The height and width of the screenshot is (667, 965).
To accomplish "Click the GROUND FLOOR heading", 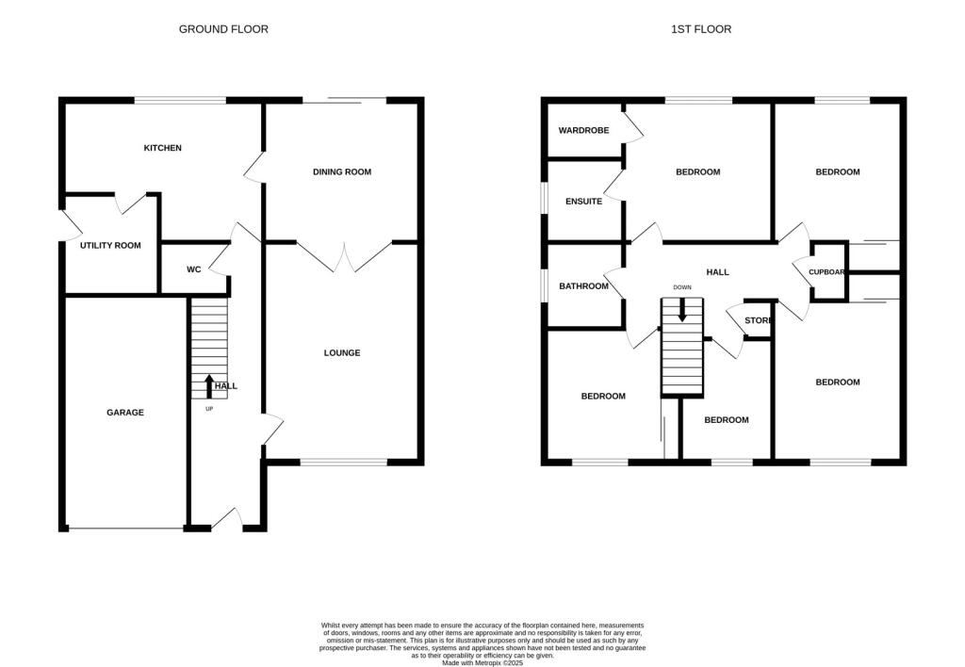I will pyautogui.click(x=223, y=29).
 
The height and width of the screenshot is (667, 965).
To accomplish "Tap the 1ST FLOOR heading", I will pyautogui.click(x=700, y=29).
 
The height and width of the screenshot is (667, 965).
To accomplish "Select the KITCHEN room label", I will pyautogui.click(x=162, y=148).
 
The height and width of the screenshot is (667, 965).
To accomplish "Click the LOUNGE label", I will pyautogui.click(x=342, y=353).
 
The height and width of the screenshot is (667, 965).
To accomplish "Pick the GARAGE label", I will pyautogui.click(x=124, y=412).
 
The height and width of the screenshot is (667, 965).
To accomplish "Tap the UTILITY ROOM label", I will pyautogui.click(x=110, y=245).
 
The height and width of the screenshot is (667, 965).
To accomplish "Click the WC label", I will pyautogui.click(x=193, y=269).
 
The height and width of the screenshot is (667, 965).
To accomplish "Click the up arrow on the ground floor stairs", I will pyautogui.click(x=209, y=384).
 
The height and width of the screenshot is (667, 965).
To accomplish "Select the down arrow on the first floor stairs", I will pyautogui.click(x=681, y=311).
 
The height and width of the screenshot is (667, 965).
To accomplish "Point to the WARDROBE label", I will pyautogui.click(x=583, y=130).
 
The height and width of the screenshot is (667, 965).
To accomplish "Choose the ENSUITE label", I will pyautogui.click(x=583, y=201).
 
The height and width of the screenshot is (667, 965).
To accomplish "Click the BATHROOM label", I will pyautogui.click(x=583, y=286).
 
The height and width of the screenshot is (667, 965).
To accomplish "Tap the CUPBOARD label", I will pyautogui.click(x=826, y=272).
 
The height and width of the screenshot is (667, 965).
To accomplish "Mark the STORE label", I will pyautogui.click(x=759, y=320).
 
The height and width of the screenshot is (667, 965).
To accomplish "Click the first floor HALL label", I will pyautogui.click(x=718, y=272).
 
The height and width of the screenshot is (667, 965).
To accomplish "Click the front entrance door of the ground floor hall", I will pyautogui.click(x=227, y=519).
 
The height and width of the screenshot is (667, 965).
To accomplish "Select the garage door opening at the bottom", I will pyautogui.click(x=126, y=529).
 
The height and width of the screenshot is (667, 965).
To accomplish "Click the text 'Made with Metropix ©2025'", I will pyautogui.click(x=482, y=662).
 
